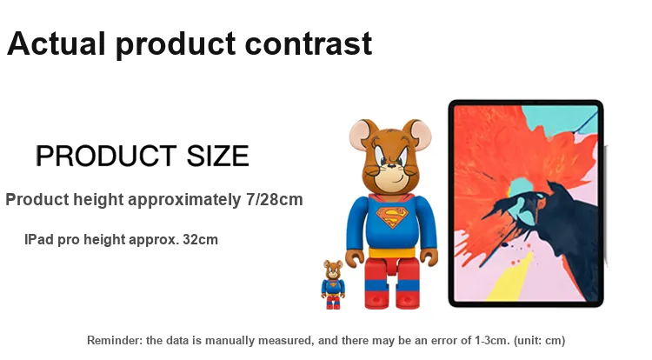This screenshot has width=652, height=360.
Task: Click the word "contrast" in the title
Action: (x=308, y=43)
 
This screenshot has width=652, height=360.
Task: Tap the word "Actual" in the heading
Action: (x=57, y=43)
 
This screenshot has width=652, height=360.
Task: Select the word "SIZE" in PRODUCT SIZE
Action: (x=217, y=156)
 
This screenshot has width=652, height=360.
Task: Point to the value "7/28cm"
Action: (x=275, y=199)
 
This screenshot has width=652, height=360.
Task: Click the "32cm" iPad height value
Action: (x=201, y=240)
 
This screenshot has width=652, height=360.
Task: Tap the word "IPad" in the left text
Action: (x=39, y=240)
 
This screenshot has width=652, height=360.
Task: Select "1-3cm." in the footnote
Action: (x=492, y=341)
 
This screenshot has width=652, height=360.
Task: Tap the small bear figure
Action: (x=333, y=284)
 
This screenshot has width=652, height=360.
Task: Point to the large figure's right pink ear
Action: (x=418, y=132)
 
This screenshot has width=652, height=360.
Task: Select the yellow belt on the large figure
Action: (x=392, y=253)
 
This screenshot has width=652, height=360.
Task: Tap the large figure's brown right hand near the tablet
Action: (x=429, y=257)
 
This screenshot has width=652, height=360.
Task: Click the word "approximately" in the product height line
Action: (x=183, y=200)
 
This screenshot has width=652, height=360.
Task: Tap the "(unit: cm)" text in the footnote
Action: (x=539, y=341)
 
